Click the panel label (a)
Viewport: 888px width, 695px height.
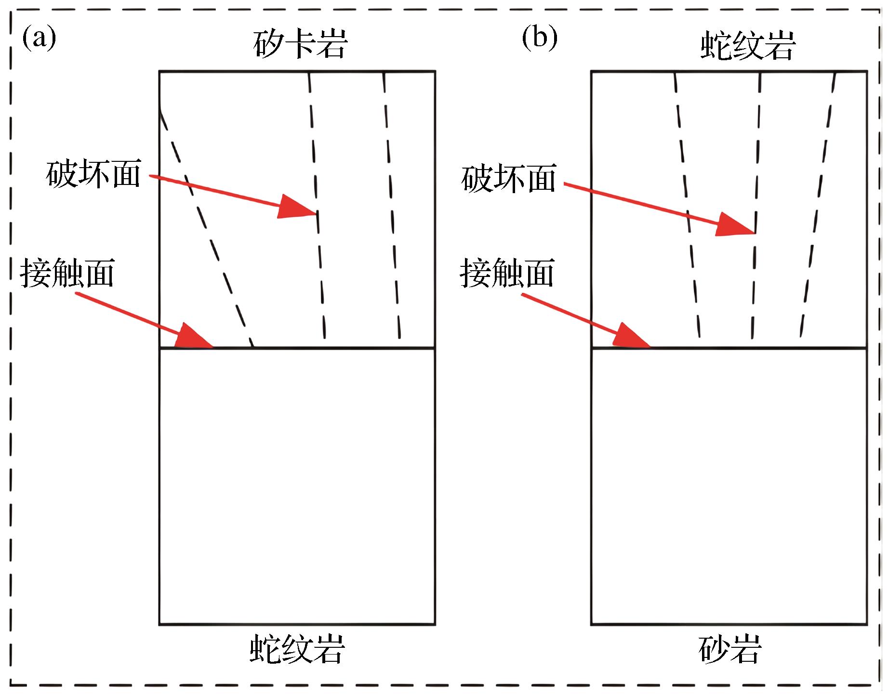point(39,39)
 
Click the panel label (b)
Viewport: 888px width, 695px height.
point(539,39)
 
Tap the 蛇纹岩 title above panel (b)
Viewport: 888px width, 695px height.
point(747,46)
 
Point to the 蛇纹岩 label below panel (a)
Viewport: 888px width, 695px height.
point(297,648)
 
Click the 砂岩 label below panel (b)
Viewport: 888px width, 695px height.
point(730,649)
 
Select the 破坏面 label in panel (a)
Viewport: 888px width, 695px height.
point(93,174)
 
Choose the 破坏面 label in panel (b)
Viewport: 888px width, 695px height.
point(508,179)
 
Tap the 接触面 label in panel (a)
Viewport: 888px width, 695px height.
point(67,273)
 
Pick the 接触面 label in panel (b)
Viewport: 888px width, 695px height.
point(507,273)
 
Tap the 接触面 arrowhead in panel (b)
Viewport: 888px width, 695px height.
point(632,336)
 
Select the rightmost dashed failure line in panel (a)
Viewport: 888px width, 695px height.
point(392,207)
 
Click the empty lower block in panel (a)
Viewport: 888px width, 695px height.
point(297,486)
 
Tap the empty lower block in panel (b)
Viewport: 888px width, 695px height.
point(729,486)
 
